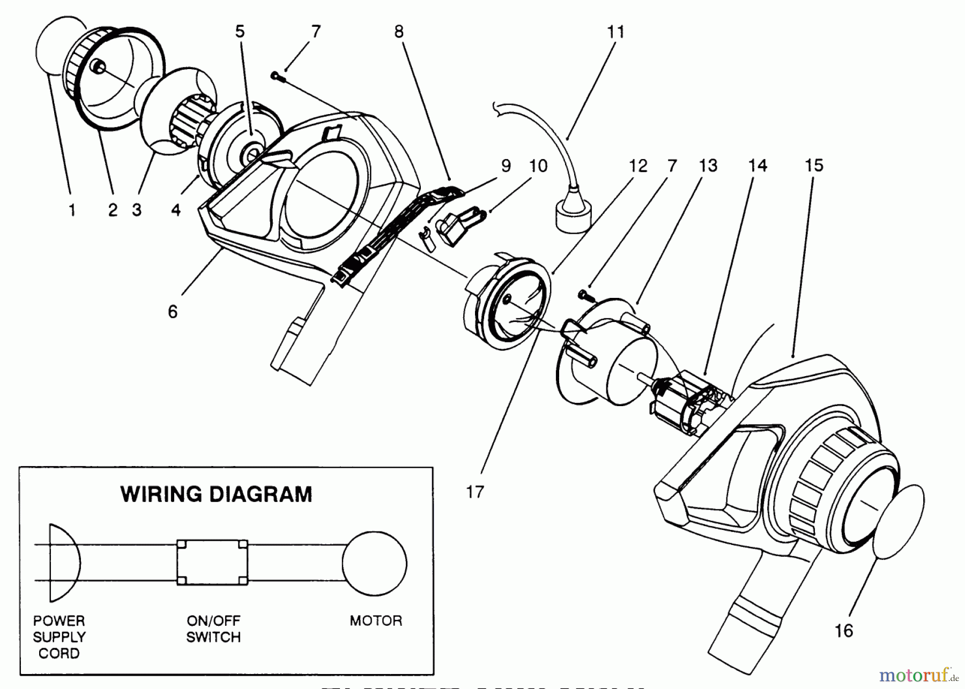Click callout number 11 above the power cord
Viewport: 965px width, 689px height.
(x=616, y=32)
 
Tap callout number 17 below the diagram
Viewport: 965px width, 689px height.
(x=475, y=492)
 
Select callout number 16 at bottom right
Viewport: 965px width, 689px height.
(x=843, y=631)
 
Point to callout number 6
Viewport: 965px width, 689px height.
(x=173, y=312)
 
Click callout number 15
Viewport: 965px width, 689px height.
(x=814, y=166)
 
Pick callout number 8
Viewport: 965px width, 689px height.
(x=398, y=32)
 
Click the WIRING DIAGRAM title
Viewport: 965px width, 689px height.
(x=216, y=494)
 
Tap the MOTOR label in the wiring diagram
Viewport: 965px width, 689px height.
(x=375, y=620)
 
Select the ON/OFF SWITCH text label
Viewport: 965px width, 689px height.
(x=213, y=629)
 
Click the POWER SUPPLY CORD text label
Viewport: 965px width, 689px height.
(x=59, y=637)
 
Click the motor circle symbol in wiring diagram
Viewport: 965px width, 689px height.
(x=375, y=563)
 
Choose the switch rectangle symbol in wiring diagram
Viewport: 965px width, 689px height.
(x=212, y=563)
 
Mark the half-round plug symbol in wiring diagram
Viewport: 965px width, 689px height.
(x=63, y=563)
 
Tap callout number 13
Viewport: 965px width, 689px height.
(x=708, y=166)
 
